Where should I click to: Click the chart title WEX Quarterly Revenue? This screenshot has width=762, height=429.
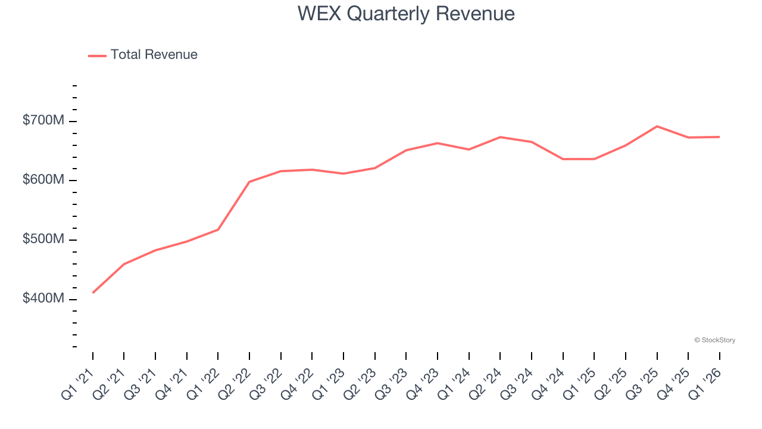point(406,13)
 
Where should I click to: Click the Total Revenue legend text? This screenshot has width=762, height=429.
point(154,55)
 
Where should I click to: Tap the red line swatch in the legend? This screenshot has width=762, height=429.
point(97,55)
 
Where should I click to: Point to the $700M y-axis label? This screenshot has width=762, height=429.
point(43,121)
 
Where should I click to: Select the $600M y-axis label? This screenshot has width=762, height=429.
point(43,180)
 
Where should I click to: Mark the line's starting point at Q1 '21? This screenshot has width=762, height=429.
point(93,293)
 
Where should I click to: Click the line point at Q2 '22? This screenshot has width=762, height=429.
point(249,182)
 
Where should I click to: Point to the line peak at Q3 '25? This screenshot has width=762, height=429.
point(657,126)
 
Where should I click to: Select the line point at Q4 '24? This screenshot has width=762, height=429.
point(563,159)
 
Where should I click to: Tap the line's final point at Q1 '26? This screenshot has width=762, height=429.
point(719,137)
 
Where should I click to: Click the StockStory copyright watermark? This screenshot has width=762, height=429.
point(714,340)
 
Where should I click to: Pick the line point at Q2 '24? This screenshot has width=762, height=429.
point(500,137)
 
